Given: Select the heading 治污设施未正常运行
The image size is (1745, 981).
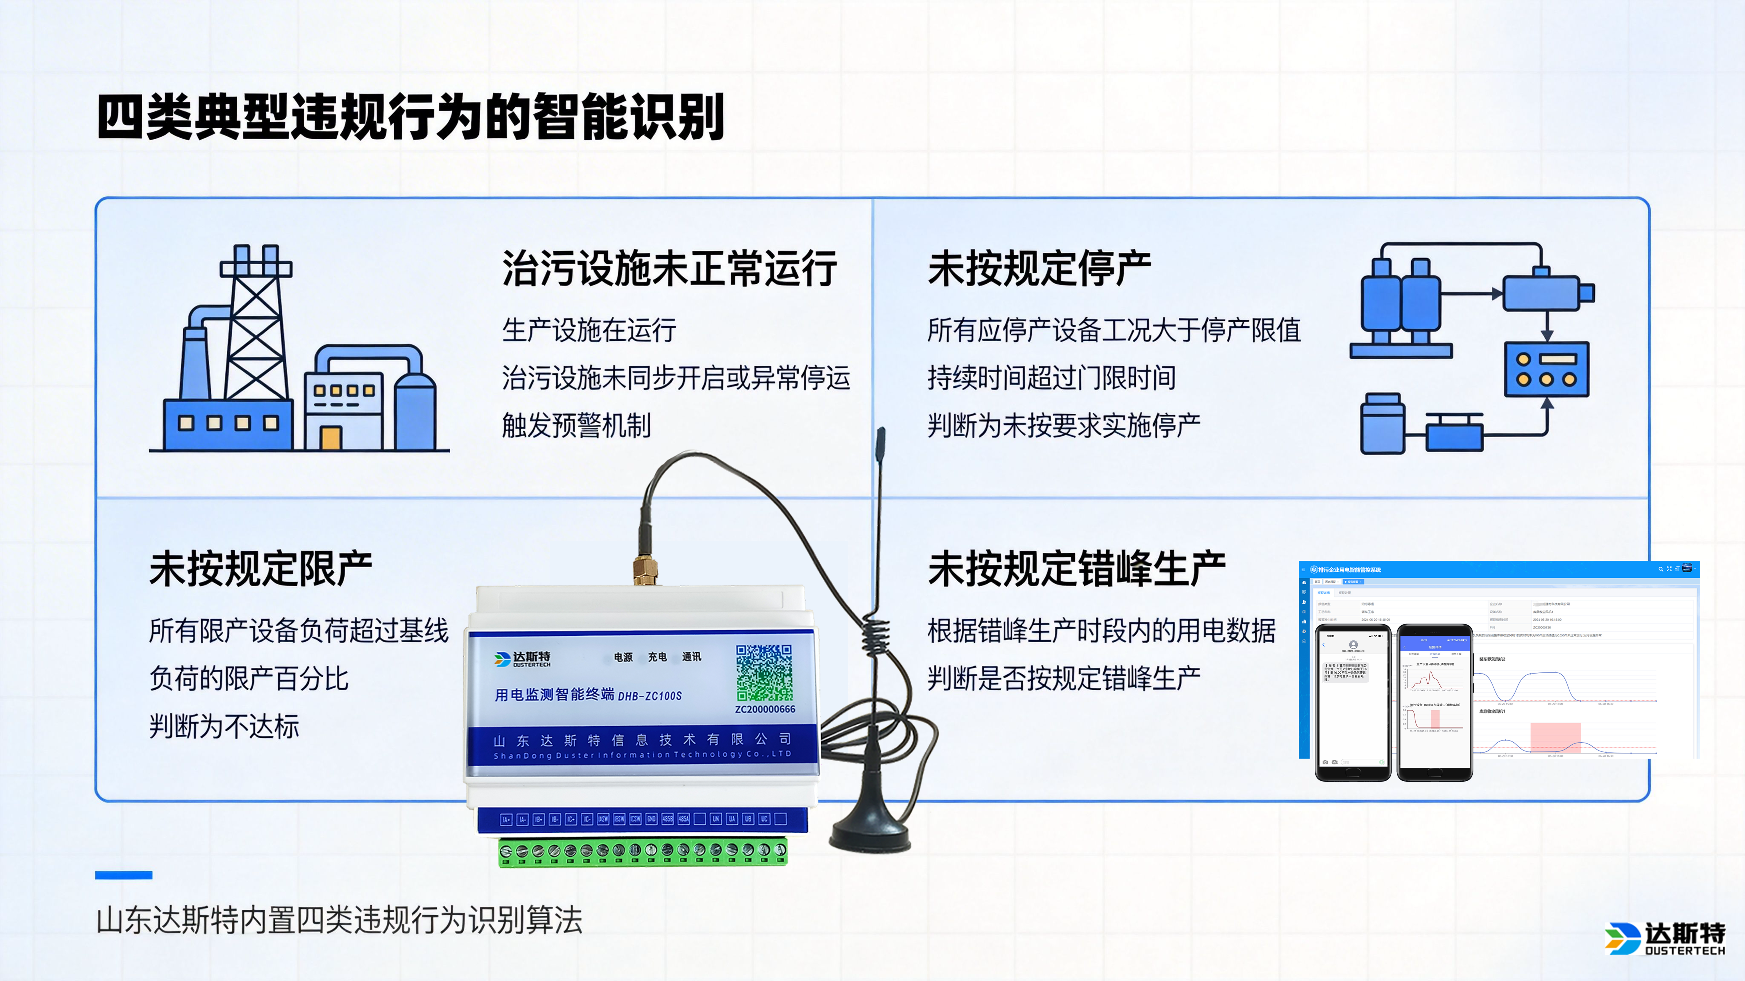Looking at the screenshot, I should click(x=669, y=269).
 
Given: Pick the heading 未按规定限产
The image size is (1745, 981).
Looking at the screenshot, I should click(x=261, y=569).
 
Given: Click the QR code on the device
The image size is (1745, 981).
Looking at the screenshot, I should click(x=764, y=672).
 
